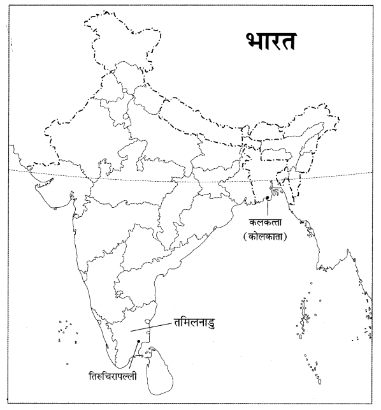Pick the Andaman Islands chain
coord(305,316)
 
